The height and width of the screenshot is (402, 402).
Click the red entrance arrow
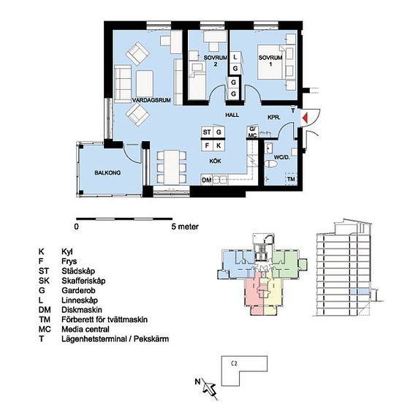[305, 118]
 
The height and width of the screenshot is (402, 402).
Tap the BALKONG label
[107, 172]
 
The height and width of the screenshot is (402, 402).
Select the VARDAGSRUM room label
[151, 100]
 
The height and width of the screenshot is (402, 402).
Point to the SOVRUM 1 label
[270, 61]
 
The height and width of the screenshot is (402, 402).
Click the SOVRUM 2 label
[216, 61]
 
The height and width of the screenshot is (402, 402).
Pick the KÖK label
[215, 161]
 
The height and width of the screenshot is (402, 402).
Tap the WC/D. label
[281, 157]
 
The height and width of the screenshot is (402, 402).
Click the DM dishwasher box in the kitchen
[207, 180]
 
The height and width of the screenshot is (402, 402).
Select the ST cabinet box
[207, 132]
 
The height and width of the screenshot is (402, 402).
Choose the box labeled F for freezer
[207, 145]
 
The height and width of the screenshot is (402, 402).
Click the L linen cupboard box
[235, 57]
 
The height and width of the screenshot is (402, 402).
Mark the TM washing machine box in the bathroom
[291, 179]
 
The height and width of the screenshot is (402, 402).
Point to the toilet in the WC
[271, 164]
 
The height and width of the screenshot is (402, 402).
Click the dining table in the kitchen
[172, 167]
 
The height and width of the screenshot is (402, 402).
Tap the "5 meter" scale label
[185, 227]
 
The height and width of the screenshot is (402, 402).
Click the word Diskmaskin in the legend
[82, 310]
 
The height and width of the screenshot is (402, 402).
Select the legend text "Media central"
[85, 329]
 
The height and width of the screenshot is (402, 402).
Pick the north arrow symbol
[208, 387]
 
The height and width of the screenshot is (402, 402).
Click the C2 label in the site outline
[234, 363]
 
